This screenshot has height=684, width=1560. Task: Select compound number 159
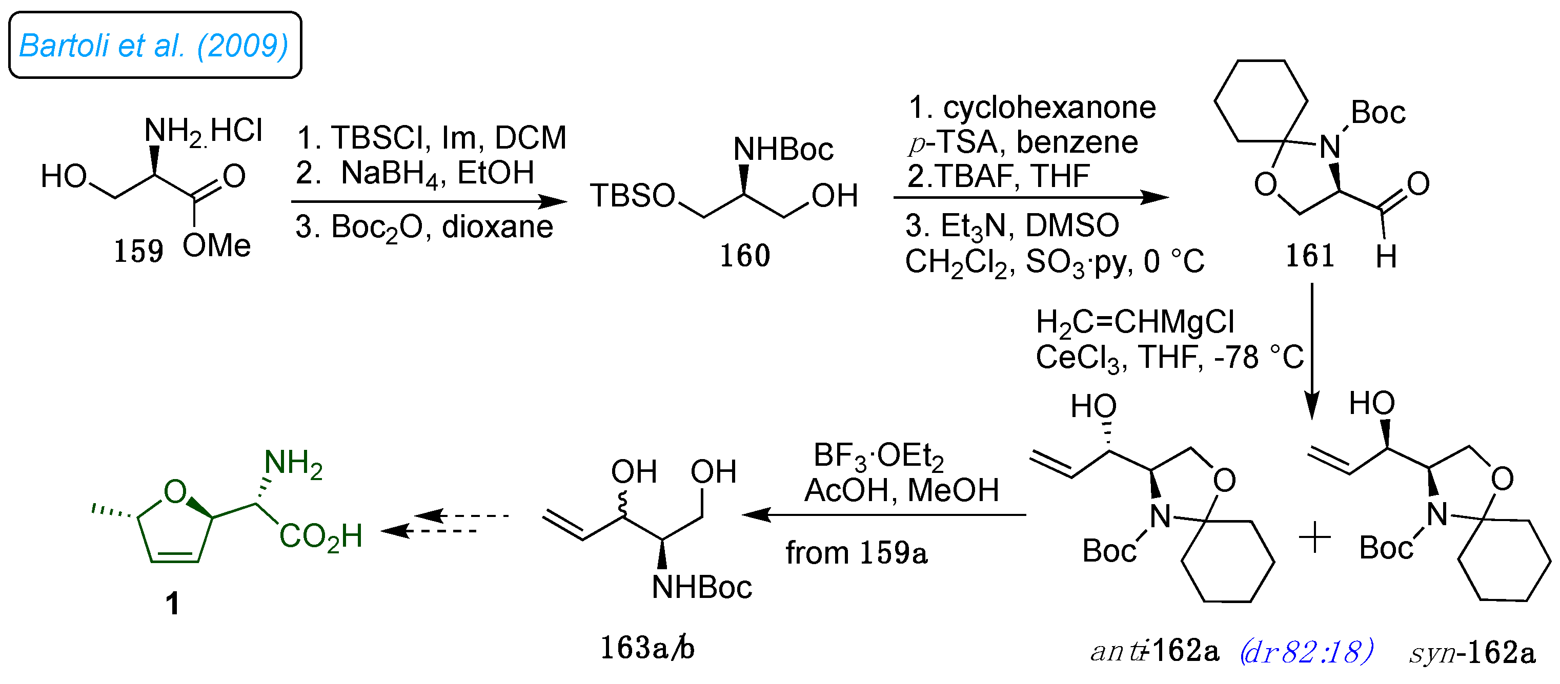139,251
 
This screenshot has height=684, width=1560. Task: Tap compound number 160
744,256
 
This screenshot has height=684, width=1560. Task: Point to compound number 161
1310,256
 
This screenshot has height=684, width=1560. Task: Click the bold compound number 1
173,604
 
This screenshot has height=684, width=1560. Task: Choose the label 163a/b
647,648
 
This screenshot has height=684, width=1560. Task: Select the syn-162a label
1472,653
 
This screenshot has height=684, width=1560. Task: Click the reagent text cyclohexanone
1049,108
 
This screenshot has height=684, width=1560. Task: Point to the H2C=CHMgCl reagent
1135,322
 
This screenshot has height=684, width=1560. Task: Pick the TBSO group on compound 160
632,196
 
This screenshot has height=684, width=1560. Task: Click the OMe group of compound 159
216,246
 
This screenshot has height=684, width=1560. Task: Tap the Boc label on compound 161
1377,113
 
